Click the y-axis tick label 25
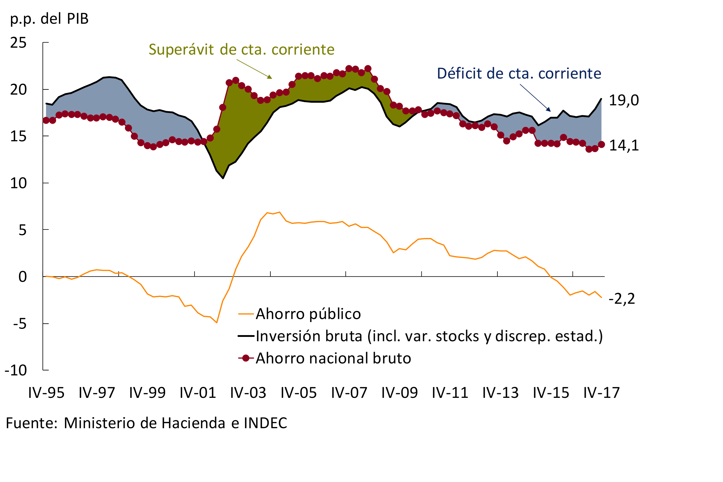(x=18, y=43)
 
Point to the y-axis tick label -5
(x=20, y=324)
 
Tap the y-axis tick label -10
(x=16, y=370)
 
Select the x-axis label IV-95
(x=46, y=393)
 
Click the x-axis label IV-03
(x=248, y=393)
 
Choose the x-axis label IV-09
(x=400, y=393)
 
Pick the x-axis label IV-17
(x=602, y=393)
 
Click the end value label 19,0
(x=624, y=100)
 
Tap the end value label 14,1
(x=624, y=145)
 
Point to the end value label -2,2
(x=621, y=298)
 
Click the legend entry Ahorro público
(x=308, y=314)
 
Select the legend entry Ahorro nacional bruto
(x=333, y=358)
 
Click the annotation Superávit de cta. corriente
(x=242, y=49)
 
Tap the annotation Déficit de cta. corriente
(x=519, y=73)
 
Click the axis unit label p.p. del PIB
(x=49, y=19)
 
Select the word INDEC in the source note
(x=265, y=423)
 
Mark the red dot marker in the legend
(x=246, y=358)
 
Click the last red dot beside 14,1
(x=602, y=145)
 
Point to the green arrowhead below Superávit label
(x=270, y=77)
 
